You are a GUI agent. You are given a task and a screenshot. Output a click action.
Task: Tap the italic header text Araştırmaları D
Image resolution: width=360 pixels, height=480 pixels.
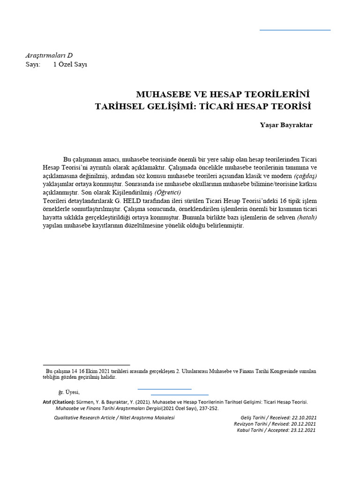point(49,55)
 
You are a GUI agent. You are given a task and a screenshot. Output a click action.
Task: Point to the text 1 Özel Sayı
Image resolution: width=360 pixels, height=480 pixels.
point(70,65)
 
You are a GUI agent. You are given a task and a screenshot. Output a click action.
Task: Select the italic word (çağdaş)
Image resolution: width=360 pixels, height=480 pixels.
point(305,176)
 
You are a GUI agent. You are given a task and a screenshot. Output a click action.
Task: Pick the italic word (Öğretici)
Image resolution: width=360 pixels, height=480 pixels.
point(167,193)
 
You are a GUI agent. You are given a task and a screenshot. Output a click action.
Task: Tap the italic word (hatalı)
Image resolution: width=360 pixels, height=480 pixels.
point(307,217)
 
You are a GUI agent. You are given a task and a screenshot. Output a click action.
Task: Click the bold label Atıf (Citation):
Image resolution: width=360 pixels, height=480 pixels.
point(59,402)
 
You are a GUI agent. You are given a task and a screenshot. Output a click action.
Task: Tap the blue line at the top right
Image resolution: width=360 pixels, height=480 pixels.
point(295,30)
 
